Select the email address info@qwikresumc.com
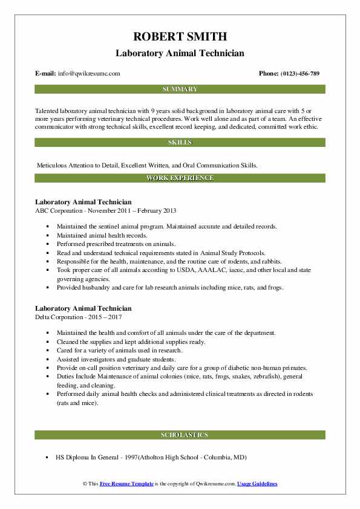(x=89, y=74)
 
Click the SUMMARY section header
(x=180, y=89)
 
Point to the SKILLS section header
(x=180, y=143)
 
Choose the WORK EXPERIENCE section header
(x=180, y=178)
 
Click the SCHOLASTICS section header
(x=180, y=435)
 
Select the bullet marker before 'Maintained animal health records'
(x=48, y=235)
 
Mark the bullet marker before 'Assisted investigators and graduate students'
(x=48, y=359)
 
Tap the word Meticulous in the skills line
(x=53, y=164)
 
